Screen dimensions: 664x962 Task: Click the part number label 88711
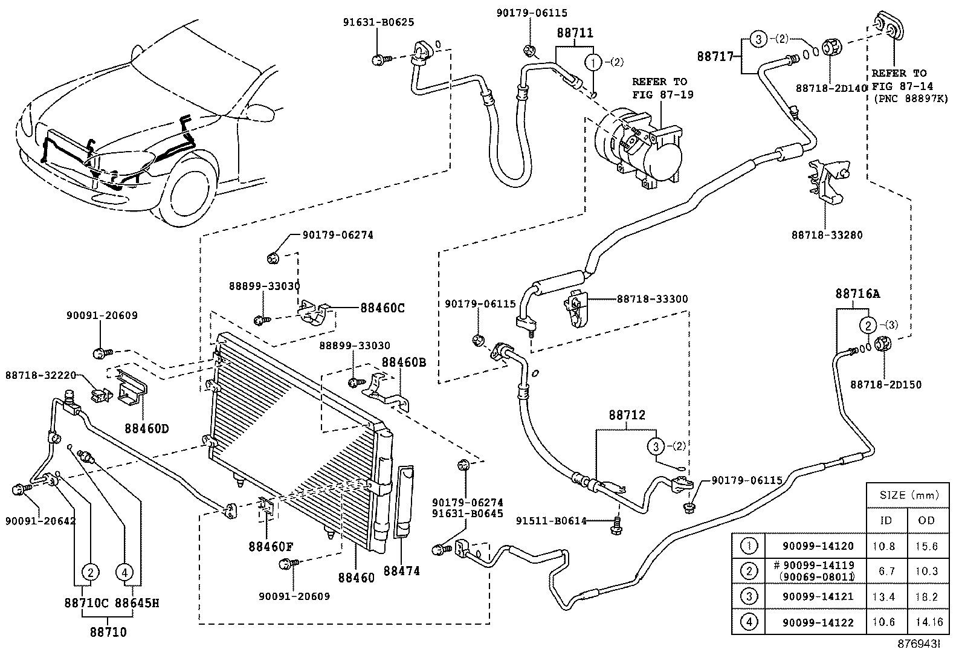click(575, 33)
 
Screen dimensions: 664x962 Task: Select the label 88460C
click(382, 308)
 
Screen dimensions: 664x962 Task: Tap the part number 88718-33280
click(827, 235)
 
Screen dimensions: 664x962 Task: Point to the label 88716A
click(857, 294)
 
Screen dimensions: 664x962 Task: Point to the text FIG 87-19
click(663, 94)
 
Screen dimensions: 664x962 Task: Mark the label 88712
click(627, 416)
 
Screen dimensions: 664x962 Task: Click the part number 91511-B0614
click(551, 521)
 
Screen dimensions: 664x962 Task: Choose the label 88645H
click(137, 602)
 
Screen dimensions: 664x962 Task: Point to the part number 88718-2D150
click(886, 384)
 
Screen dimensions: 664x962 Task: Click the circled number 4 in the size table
click(748, 622)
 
